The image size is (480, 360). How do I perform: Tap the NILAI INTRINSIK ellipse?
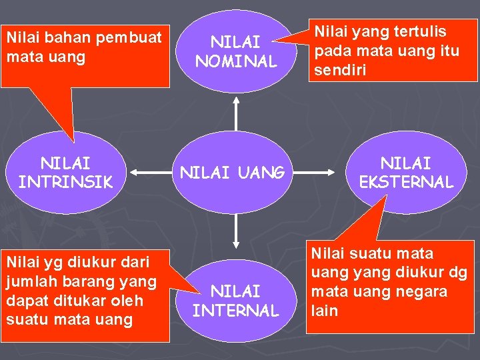[66, 172]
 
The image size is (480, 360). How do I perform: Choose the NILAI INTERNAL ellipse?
[235, 300]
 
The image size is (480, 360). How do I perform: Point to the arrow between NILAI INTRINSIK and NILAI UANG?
[152, 173]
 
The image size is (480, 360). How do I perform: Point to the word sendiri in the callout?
[340, 70]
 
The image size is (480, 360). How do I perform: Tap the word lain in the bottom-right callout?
[326, 311]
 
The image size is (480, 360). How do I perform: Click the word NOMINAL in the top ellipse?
[235, 62]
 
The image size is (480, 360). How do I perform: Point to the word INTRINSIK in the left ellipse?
[66, 181]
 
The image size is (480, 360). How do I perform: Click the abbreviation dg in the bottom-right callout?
[458, 273]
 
